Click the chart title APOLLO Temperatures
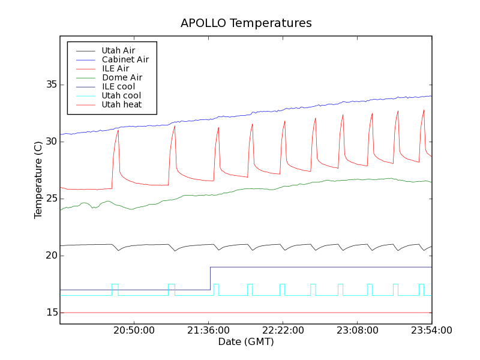246,23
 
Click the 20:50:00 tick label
134,331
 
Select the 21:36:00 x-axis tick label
209,331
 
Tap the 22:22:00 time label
283,331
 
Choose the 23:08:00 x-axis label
358,331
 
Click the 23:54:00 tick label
431,331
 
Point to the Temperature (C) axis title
38,180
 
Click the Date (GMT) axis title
245,341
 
